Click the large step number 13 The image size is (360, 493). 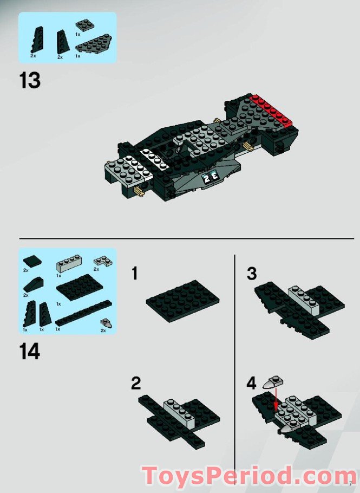click(30, 81)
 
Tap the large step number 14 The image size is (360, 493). click(30, 352)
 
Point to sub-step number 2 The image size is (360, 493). click(136, 384)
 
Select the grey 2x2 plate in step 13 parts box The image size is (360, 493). click(84, 24)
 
